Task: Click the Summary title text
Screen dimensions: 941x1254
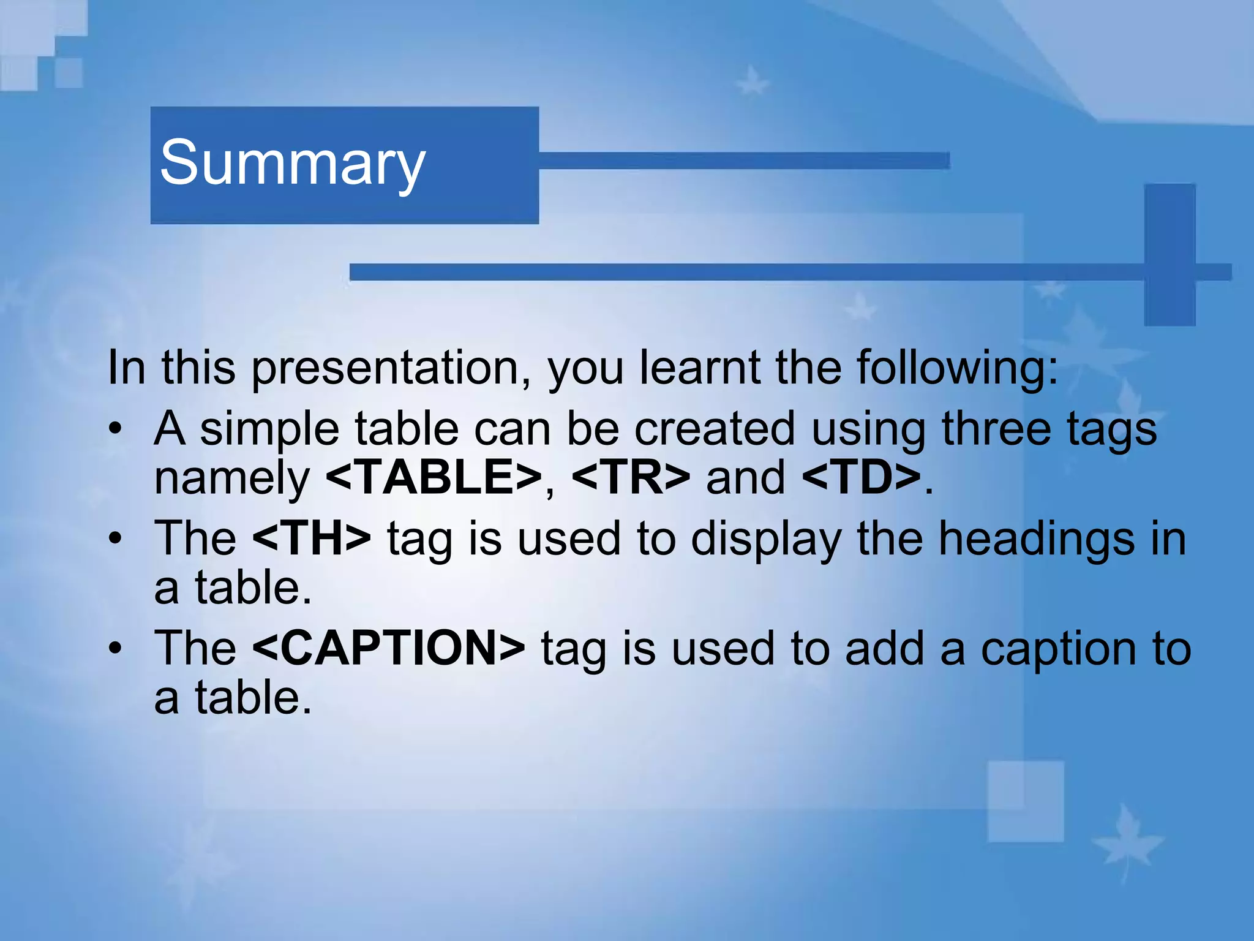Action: pyautogui.click(x=292, y=163)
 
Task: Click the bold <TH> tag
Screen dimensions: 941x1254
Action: pyautogui.click(x=311, y=538)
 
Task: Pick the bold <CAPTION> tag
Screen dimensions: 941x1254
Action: pyautogui.click(x=388, y=648)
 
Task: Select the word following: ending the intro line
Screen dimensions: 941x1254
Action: pyautogui.click(x=957, y=369)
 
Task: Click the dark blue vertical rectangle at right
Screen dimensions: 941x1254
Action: pyautogui.click(x=1170, y=254)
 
